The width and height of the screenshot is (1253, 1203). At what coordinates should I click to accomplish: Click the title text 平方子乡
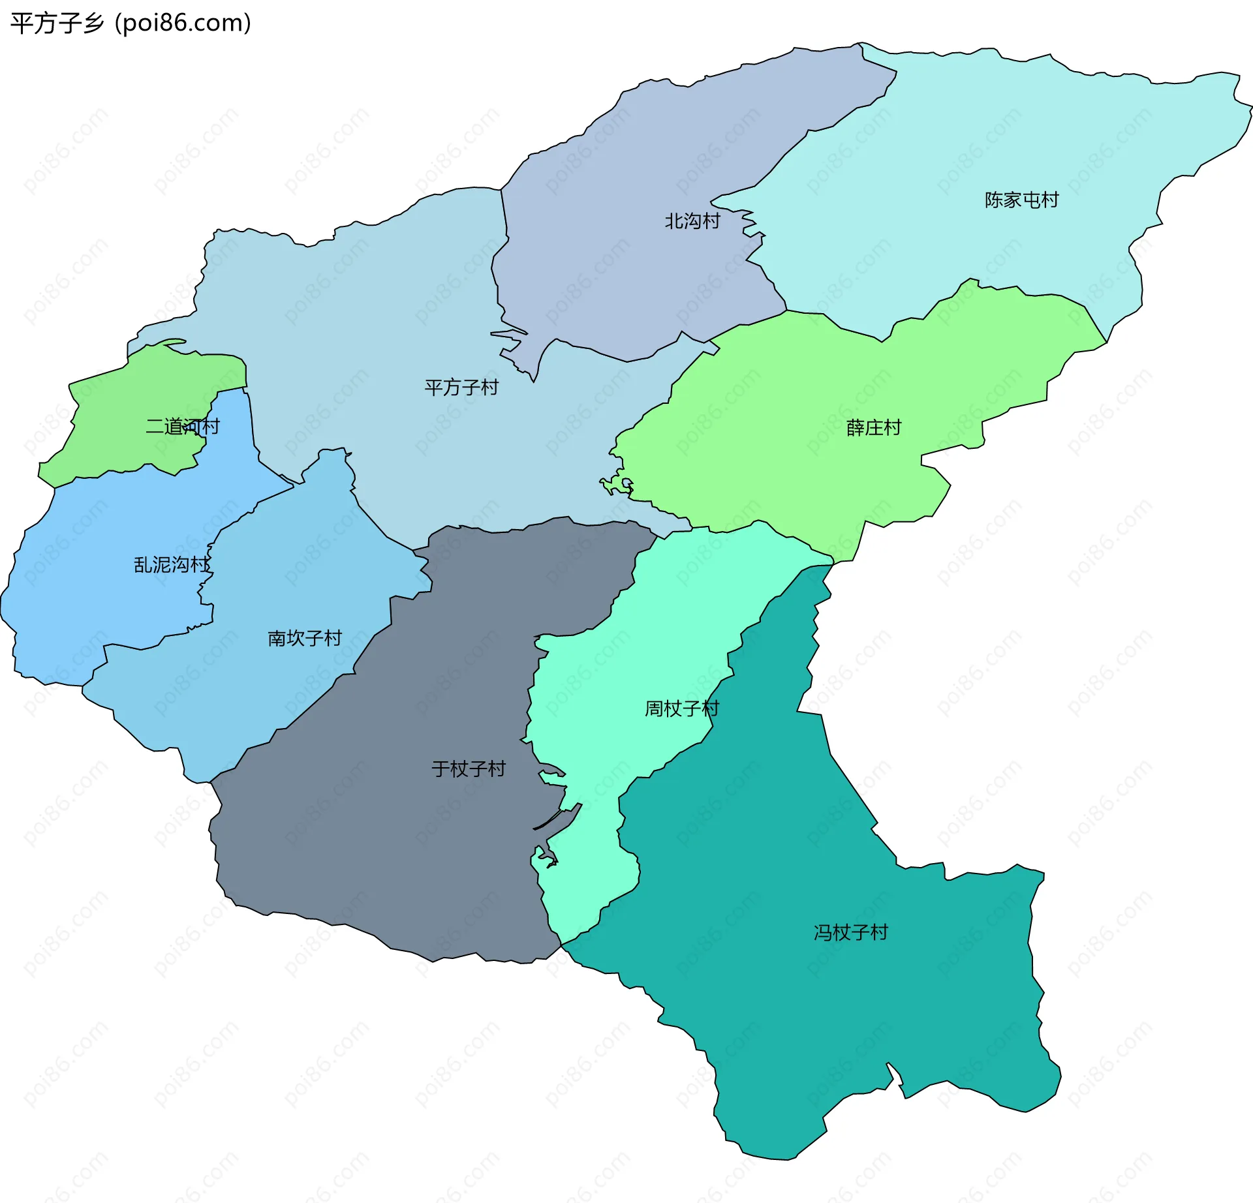[x=57, y=23]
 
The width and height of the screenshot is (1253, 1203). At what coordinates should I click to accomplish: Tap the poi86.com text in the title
[x=183, y=23]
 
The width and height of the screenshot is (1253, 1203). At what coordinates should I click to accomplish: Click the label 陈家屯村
[x=1021, y=200]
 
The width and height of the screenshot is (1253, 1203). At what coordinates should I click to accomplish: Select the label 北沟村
[x=692, y=221]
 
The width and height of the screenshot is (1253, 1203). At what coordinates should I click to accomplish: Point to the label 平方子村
[x=461, y=388]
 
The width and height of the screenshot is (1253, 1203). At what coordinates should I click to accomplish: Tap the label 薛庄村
[x=873, y=428]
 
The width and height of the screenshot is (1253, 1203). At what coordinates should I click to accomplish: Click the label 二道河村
[x=182, y=427]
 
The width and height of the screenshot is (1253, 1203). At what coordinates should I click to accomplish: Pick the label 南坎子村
[x=305, y=638]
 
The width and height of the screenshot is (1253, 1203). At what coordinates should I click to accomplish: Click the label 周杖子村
[x=681, y=708]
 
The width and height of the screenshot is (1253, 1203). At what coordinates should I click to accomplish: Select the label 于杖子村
[x=468, y=769]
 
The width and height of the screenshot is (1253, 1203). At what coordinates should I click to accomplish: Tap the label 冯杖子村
[x=850, y=932]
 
